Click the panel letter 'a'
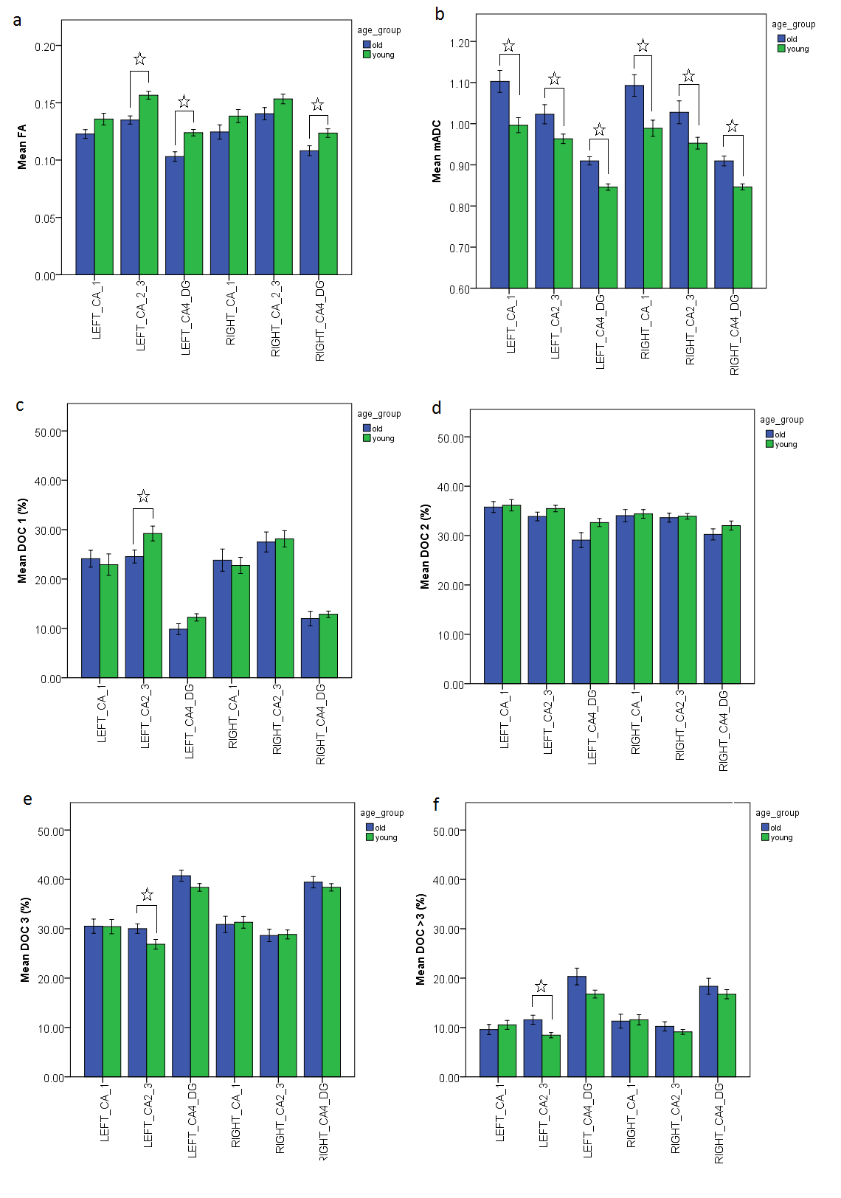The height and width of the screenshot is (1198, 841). coord(17,21)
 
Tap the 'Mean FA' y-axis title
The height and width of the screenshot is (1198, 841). coord(22,147)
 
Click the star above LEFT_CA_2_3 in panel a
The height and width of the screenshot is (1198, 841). coord(139,59)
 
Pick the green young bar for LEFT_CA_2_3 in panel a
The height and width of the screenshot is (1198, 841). coord(148,184)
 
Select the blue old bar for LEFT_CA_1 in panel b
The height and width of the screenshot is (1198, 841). coord(499,184)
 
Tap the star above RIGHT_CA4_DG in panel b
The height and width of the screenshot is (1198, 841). coord(732,126)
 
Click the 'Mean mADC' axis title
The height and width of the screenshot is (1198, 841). coord(437,151)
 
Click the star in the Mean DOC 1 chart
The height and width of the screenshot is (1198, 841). coord(143,496)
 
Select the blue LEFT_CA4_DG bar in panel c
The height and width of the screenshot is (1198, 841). coord(178,653)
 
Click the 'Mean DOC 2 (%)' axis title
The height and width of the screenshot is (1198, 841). coord(425,547)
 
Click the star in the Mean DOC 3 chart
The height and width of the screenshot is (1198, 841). coord(147,895)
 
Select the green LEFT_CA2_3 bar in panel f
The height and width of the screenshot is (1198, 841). coord(551,1056)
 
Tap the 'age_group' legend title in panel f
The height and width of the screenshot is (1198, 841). coord(777,813)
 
